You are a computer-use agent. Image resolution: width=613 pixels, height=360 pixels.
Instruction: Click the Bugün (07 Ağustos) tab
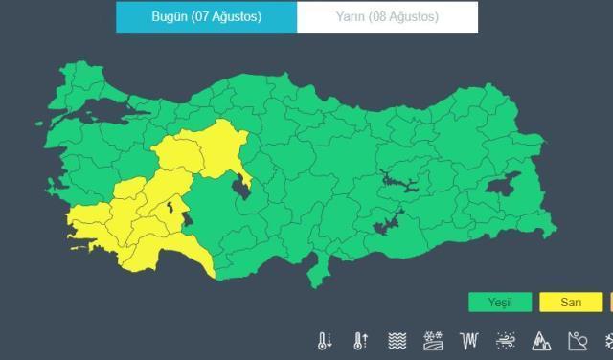click(x=206, y=17)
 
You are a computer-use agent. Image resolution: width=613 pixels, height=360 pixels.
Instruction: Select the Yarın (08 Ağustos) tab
click(x=387, y=17)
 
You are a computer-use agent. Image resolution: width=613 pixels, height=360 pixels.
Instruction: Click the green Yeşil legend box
click(x=500, y=303)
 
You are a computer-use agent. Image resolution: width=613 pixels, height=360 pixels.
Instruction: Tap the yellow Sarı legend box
click(x=571, y=303)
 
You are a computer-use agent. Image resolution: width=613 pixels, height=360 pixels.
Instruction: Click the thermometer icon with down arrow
click(x=326, y=341)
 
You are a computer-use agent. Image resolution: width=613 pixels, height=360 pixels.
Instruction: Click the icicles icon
click(x=469, y=341)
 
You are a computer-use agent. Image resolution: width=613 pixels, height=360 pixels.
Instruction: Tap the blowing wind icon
click(x=506, y=341)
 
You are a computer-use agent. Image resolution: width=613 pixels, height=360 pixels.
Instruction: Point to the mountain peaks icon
click(x=541, y=341)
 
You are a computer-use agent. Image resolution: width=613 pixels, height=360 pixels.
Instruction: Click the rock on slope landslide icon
click(x=577, y=341)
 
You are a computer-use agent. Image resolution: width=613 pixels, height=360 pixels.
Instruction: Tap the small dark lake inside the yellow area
click(x=171, y=206)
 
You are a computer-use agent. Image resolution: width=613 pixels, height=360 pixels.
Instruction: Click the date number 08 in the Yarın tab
click(x=385, y=17)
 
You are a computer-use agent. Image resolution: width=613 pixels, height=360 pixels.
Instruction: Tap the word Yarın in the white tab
click(x=353, y=17)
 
